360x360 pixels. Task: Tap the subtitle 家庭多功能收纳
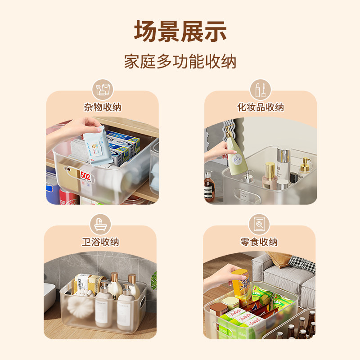pos(180,62)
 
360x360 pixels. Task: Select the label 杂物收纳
pos(102,107)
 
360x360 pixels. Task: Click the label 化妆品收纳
pos(261,107)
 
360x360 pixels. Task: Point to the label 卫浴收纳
pos(100,242)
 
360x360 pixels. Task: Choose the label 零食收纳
pos(259,242)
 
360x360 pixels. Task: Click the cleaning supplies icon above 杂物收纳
pos(102,89)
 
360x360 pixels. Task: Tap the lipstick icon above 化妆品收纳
pos(261,89)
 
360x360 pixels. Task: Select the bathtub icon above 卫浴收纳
pos(100,224)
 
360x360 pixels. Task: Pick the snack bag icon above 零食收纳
pos(259,224)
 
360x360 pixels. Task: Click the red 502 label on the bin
pos(85,176)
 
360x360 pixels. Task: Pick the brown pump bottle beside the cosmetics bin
pos(209,185)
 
